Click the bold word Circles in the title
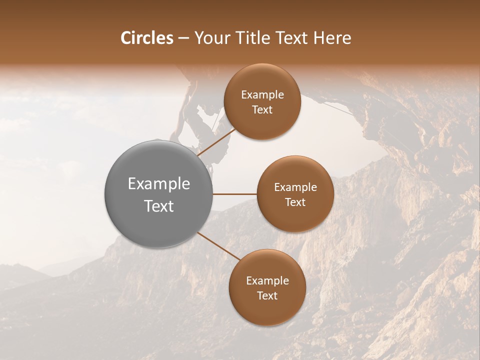(146, 38)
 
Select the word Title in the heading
(256, 38)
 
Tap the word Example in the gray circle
(159, 184)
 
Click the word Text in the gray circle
(159, 206)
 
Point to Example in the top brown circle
(262, 95)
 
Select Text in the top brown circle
(262, 109)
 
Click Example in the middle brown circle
(295, 187)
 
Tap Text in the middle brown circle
(295, 202)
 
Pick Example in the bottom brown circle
(267, 281)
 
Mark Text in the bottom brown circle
(267, 295)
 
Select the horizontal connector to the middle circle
(235, 194)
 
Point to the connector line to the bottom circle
(219, 246)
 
